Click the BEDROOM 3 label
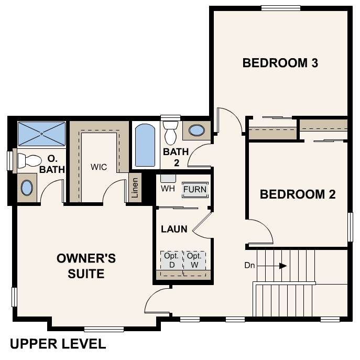[x=280, y=63]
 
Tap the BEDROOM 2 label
[x=298, y=194]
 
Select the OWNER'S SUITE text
[x=86, y=266]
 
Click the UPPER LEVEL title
[x=58, y=344]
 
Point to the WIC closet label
[x=99, y=167]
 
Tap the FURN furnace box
[x=195, y=190]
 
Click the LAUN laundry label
[x=171, y=229]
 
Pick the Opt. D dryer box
[x=171, y=260]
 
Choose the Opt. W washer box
[x=194, y=260]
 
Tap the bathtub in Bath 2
[x=144, y=145]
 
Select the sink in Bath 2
[x=197, y=130]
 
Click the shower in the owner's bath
[x=42, y=134]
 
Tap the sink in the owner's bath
[x=26, y=188]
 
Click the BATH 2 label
[x=171, y=157]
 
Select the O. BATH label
[x=52, y=163]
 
